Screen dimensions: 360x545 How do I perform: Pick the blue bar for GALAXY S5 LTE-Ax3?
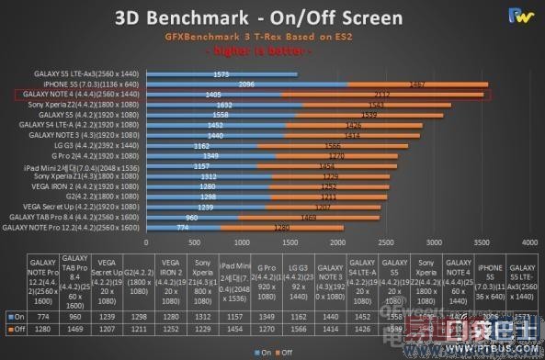click(x=221, y=74)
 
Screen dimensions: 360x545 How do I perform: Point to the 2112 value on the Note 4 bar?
click(x=383, y=95)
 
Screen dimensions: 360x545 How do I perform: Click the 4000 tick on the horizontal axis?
click(x=528, y=242)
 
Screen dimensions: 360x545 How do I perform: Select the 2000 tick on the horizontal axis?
click(x=337, y=242)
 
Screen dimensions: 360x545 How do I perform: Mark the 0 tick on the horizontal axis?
click(x=146, y=242)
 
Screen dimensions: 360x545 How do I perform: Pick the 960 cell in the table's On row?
click(x=77, y=314)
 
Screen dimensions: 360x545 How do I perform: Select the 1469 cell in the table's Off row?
click(x=77, y=328)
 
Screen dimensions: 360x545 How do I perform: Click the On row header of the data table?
click(x=14, y=314)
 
